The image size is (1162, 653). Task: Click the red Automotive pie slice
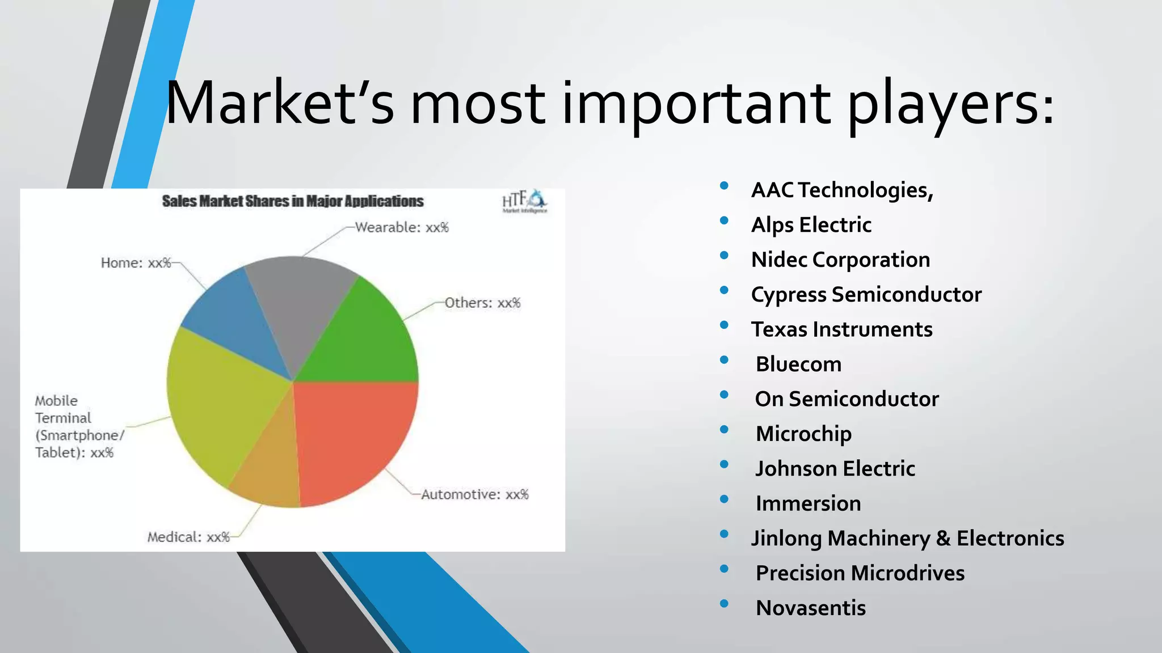tap(357, 436)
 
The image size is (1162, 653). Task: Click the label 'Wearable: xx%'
tap(402, 227)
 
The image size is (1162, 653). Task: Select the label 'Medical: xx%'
tap(188, 537)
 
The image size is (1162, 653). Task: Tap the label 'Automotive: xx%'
tap(474, 494)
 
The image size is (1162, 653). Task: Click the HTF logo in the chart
tap(524, 201)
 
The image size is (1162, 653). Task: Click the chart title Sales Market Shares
tap(293, 201)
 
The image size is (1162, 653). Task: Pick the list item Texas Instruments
tap(841, 329)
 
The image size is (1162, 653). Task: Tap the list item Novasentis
tap(810, 608)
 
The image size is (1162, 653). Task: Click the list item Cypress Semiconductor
tap(866, 294)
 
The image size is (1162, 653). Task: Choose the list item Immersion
tap(808, 503)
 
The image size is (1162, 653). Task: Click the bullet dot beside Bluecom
tap(724, 360)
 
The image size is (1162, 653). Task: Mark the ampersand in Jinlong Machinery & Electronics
tap(943, 538)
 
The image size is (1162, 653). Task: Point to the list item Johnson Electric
tap(835, 469)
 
